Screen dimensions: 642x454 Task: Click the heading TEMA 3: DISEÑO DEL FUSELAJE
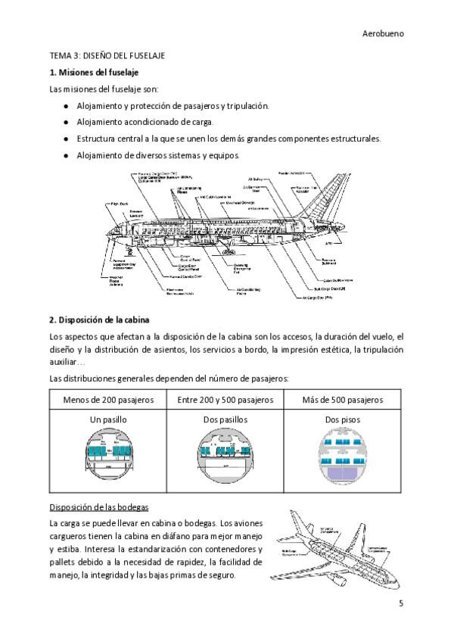click(x=107, y=57)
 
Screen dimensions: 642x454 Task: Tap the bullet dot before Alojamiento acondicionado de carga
click(x=67, y=122)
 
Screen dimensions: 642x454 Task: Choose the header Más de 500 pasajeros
click(x=342, y=399)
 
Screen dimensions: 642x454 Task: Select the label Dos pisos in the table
click(x=342, y=419)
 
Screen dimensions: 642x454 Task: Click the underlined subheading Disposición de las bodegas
click(x=99, y=506)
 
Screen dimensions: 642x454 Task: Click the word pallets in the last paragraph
click(x=63, y=563)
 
